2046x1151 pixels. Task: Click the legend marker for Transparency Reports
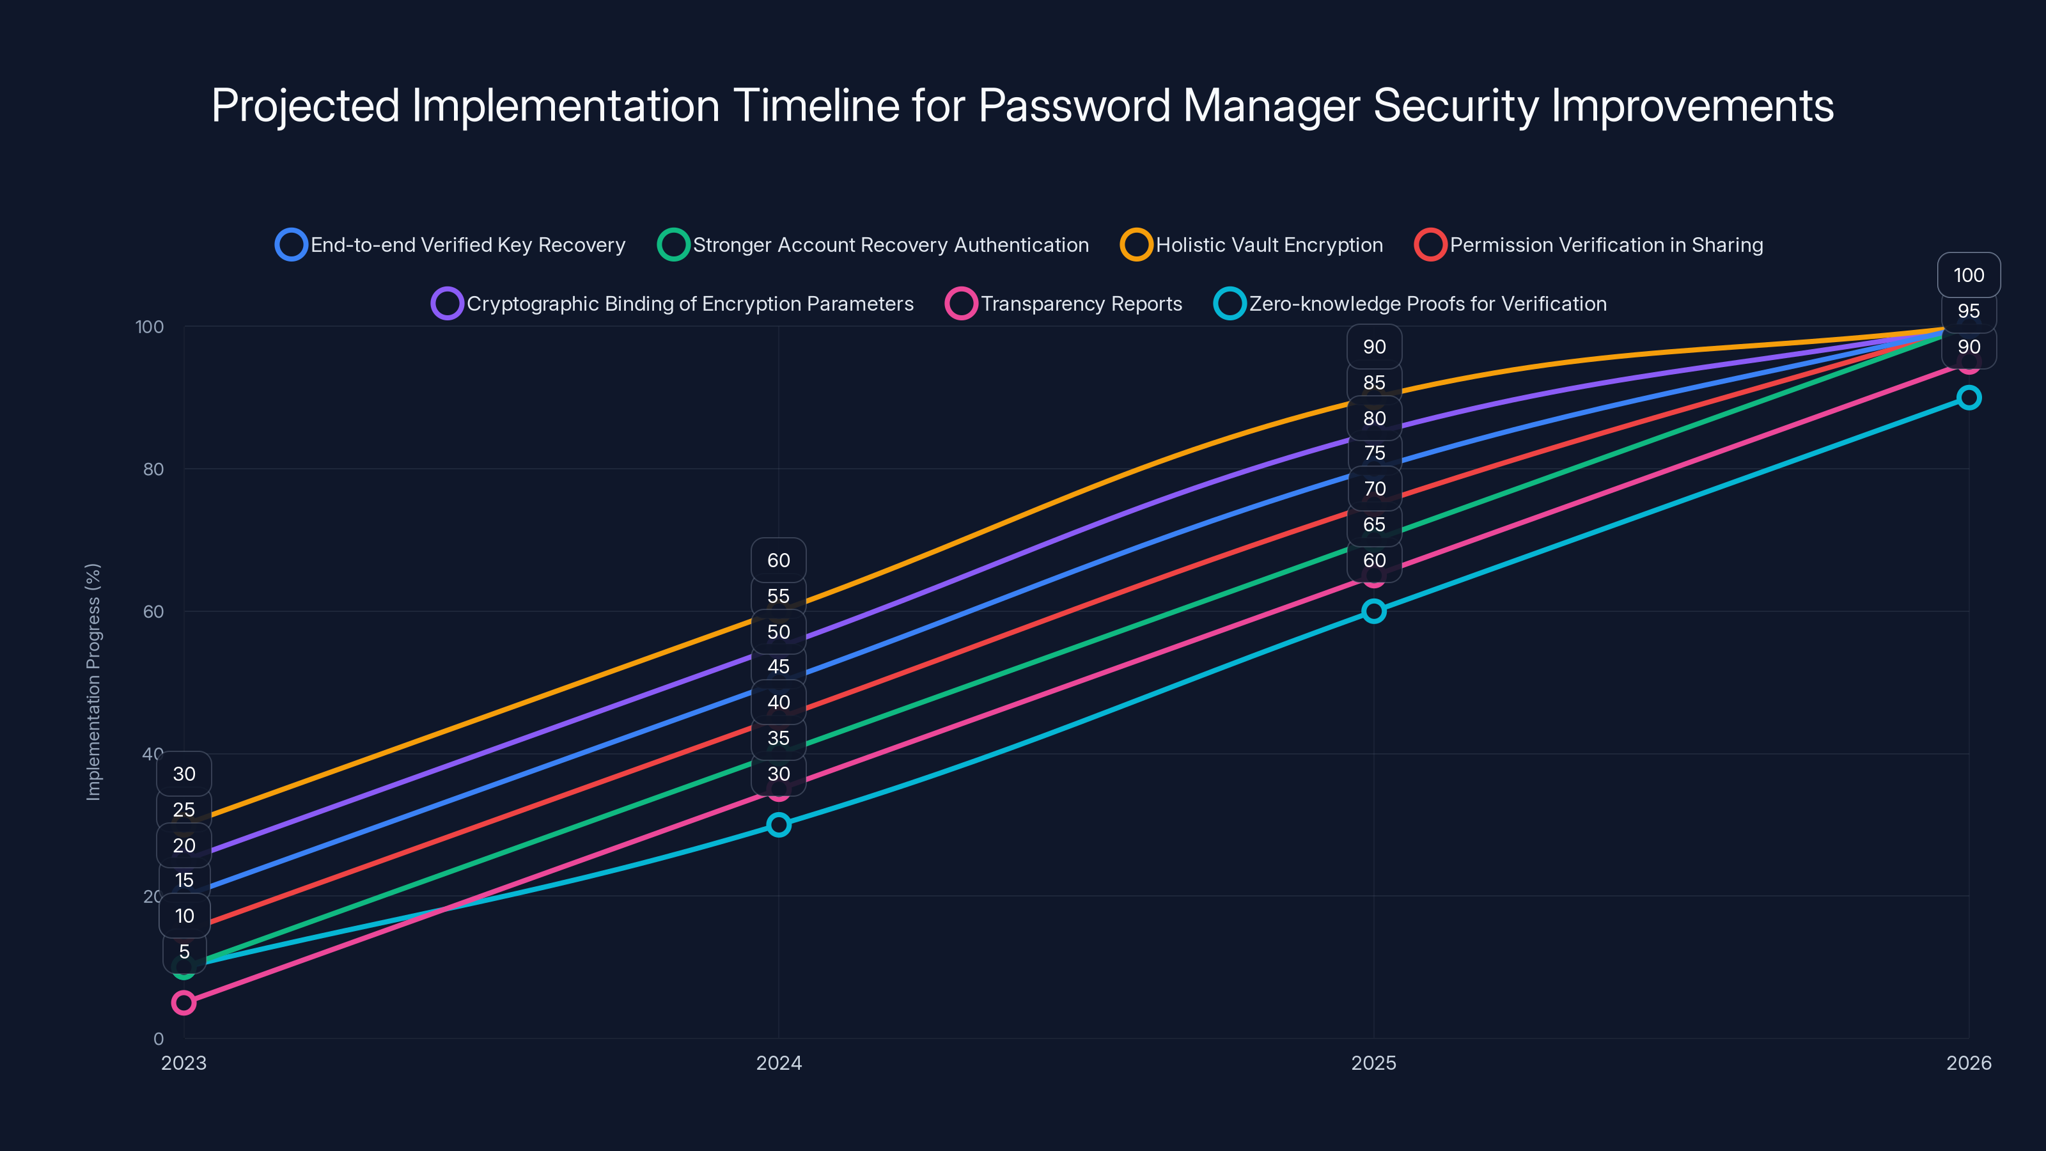pos(961,304)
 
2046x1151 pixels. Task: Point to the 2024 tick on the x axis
pos(778,1063)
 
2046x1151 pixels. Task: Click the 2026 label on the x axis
pos(1968,1063)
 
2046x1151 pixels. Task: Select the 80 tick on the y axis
pos(153,469)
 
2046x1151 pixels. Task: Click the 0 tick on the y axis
pos(158,1038)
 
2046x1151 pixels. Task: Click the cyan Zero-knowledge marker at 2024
pos(778,824)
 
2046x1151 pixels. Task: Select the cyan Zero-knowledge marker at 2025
pos(1373,611)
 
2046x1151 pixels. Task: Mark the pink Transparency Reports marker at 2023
pos(184,1003)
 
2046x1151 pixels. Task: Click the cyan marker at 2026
pos(1968,397)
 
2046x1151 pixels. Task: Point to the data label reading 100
pos(1968,275)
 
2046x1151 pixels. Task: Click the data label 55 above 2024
pos(778,596)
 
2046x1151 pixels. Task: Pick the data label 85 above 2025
pos(1374,382)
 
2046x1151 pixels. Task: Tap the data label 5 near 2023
pos(184,951)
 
